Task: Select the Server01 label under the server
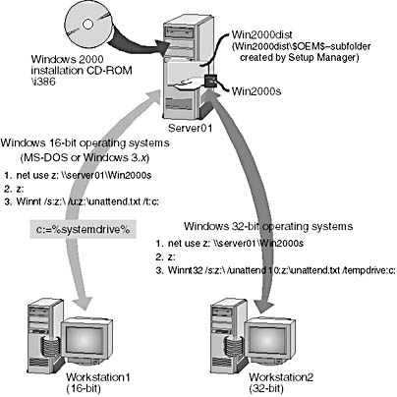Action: (x=190, y=128)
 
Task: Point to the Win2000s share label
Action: (x=256, y=91)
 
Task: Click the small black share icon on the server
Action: (x=210, y=81)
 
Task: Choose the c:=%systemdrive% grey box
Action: (x=83, y=229)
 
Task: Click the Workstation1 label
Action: (x=98, y=377)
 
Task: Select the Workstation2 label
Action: (x=281, y=377)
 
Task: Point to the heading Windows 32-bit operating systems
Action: (x=268, y=226)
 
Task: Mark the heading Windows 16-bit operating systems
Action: (x=85, y=143)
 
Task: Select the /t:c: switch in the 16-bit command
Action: (x=151, y=202)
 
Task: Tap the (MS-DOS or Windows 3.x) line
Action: (x=85, y=157)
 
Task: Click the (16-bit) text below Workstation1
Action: (x=84, y=389)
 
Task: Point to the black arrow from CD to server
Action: (x=138, y=42)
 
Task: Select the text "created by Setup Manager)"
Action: (x=298, y=57)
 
